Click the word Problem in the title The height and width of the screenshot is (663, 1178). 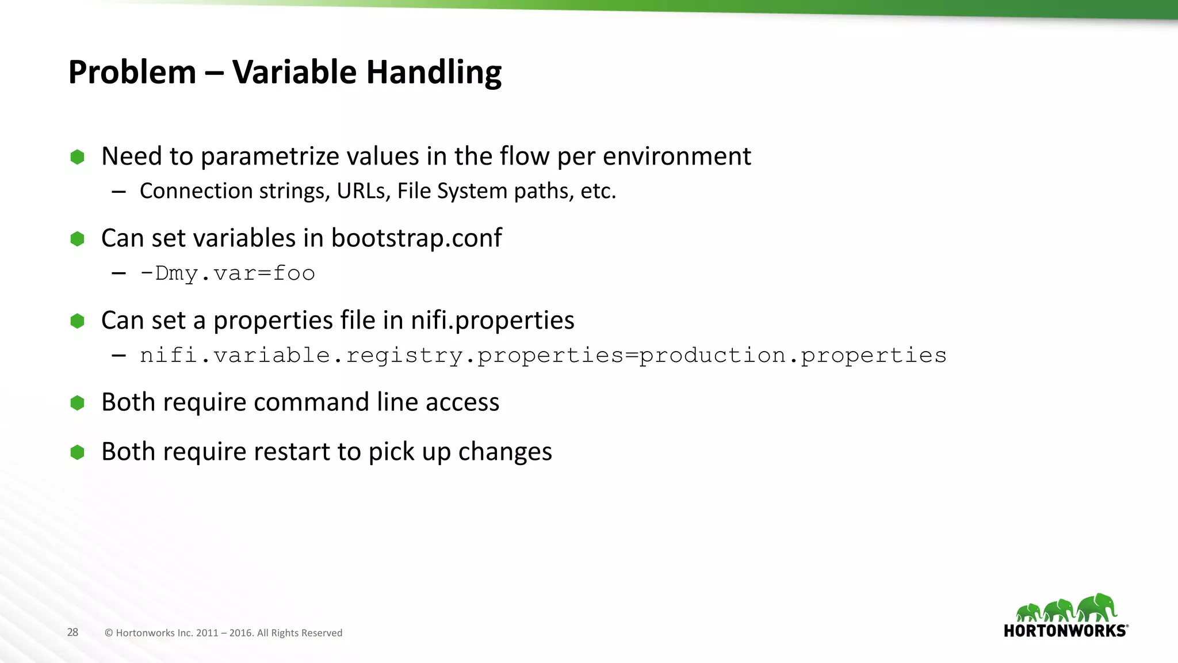(132, 73)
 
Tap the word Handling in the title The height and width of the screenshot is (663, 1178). (434, 73)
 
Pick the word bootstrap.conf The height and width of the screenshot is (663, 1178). (416, 238)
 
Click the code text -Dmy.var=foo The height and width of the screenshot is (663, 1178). (228, 273)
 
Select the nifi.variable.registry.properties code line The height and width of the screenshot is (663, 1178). (543, 356)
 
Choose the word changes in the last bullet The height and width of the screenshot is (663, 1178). (505, 452)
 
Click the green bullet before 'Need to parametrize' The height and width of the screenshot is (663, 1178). (77, 157)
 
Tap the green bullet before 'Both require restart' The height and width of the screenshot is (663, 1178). (77, 452)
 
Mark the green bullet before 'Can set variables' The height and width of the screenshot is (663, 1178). (77, 239)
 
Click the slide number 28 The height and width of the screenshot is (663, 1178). (72, 632)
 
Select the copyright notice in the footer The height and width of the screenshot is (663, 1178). (223, 633)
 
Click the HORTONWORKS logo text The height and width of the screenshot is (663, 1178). (1065, 631)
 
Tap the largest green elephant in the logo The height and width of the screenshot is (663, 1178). (1096, 608)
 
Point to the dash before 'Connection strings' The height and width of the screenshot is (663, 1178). (119, 192)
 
